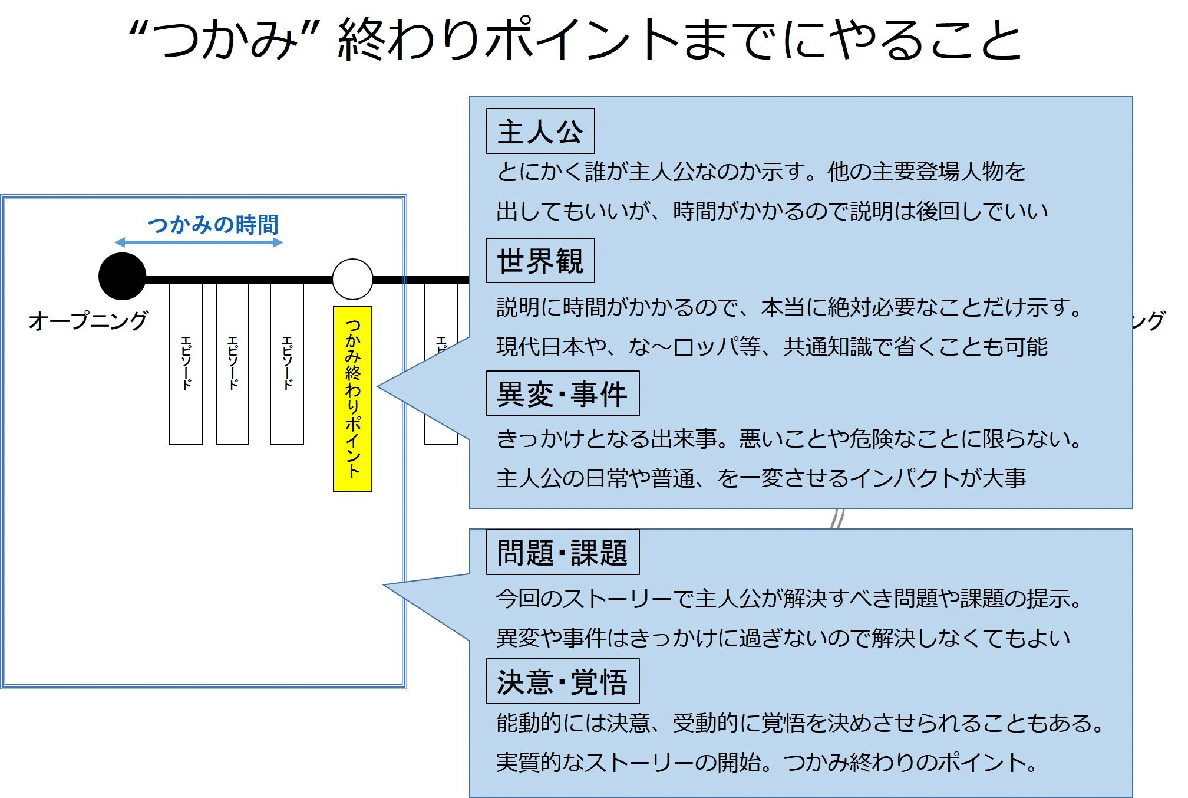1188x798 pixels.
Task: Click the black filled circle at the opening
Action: point(122,276)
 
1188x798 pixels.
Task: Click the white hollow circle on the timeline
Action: point(352,279)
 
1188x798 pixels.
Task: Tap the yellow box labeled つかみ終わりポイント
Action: point(352,399)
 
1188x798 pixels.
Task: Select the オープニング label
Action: point(88,321)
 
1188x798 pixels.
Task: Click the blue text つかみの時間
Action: point(213,225)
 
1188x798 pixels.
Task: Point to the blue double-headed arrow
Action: point(199,242)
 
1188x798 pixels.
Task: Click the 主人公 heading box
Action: point(540,131)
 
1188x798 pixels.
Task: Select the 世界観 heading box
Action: point(540,261)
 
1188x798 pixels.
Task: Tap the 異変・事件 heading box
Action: point(562,393)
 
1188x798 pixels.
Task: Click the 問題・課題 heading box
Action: point(562,553)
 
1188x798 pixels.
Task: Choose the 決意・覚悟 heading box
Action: point(562,682)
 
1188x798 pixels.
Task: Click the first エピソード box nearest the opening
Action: point(185,363)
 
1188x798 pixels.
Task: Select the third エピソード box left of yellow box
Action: point(286,363)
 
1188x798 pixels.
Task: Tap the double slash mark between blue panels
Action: point(837,519)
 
